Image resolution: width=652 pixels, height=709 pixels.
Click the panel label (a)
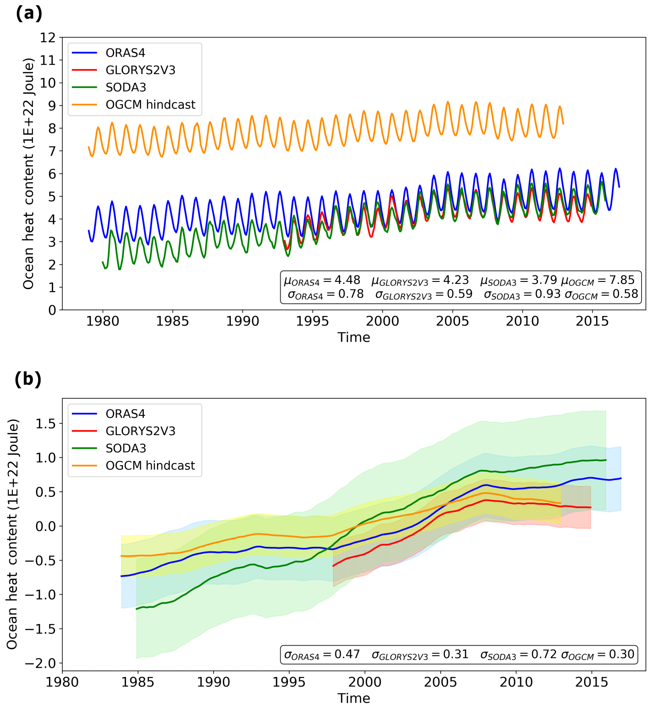click(29, 14)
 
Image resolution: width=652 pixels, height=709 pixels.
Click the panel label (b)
click(28, 379)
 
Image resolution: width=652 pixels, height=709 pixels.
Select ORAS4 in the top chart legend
click(125, 53)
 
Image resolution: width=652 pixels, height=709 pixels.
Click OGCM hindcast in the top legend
click(150, 105)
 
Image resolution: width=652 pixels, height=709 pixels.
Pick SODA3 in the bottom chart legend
click(126, 448)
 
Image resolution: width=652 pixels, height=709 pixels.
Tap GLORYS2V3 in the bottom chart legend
click(141, 431)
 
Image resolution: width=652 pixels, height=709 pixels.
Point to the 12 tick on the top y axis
click(48, 38)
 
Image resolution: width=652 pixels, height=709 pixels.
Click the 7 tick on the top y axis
click(52, 151)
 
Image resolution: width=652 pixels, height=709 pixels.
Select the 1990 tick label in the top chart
click(242, 321)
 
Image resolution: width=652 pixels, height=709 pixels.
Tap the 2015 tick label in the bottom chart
click(591, 682)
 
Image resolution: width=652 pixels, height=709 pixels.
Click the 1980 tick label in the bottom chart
click(62, 682)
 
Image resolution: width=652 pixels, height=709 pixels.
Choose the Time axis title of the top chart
click(354, 337)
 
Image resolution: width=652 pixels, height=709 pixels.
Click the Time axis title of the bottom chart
click(354, 698)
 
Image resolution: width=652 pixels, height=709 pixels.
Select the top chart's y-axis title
click(28, 174)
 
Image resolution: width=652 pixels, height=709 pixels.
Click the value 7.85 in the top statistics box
click(622, 280)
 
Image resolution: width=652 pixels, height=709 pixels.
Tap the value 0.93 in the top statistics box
click(548, 294)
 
